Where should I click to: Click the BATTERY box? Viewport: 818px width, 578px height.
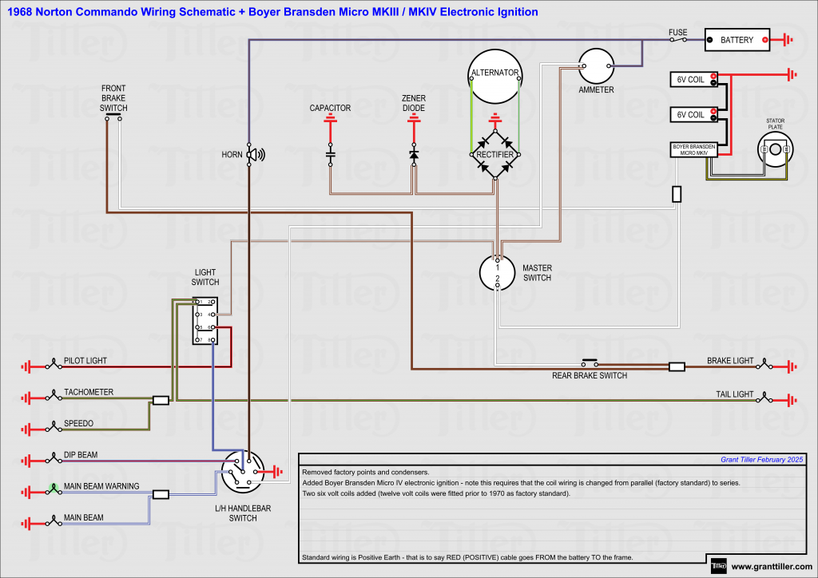tap(737, 40)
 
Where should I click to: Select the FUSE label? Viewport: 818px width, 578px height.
tap(677, 33)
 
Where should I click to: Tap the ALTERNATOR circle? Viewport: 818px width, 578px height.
tap(494, 75)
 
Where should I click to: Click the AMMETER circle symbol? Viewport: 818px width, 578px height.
tap(596, 66)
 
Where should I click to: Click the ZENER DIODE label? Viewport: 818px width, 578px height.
tap(413, 103)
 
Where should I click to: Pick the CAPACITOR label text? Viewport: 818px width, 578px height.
tap(330, 108)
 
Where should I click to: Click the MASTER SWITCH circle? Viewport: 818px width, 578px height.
tap(497, 272)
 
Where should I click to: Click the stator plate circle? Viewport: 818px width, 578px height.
tap(775, 149)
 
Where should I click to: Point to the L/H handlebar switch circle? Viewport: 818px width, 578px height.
tap(242, 473)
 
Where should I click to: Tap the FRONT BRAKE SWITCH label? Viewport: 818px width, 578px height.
tap(113, 98)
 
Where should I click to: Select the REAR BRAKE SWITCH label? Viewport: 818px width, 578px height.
tap(590, 375)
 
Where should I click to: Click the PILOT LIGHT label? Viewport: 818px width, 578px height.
tap(85, 361)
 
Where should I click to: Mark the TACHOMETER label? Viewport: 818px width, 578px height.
tap(89, 392)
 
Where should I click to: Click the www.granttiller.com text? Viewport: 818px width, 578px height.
tap(772, 567)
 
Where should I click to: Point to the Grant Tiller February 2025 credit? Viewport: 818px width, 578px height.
tap(761, 460)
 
